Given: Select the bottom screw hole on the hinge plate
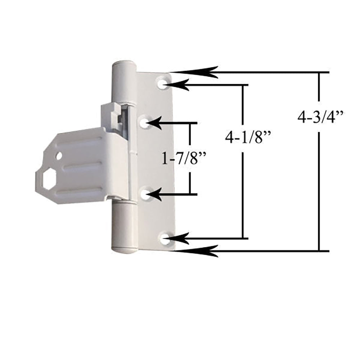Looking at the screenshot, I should point(165,238).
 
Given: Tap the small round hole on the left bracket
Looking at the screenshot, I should point(59,157).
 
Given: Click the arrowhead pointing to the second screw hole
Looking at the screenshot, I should point(160,123).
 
